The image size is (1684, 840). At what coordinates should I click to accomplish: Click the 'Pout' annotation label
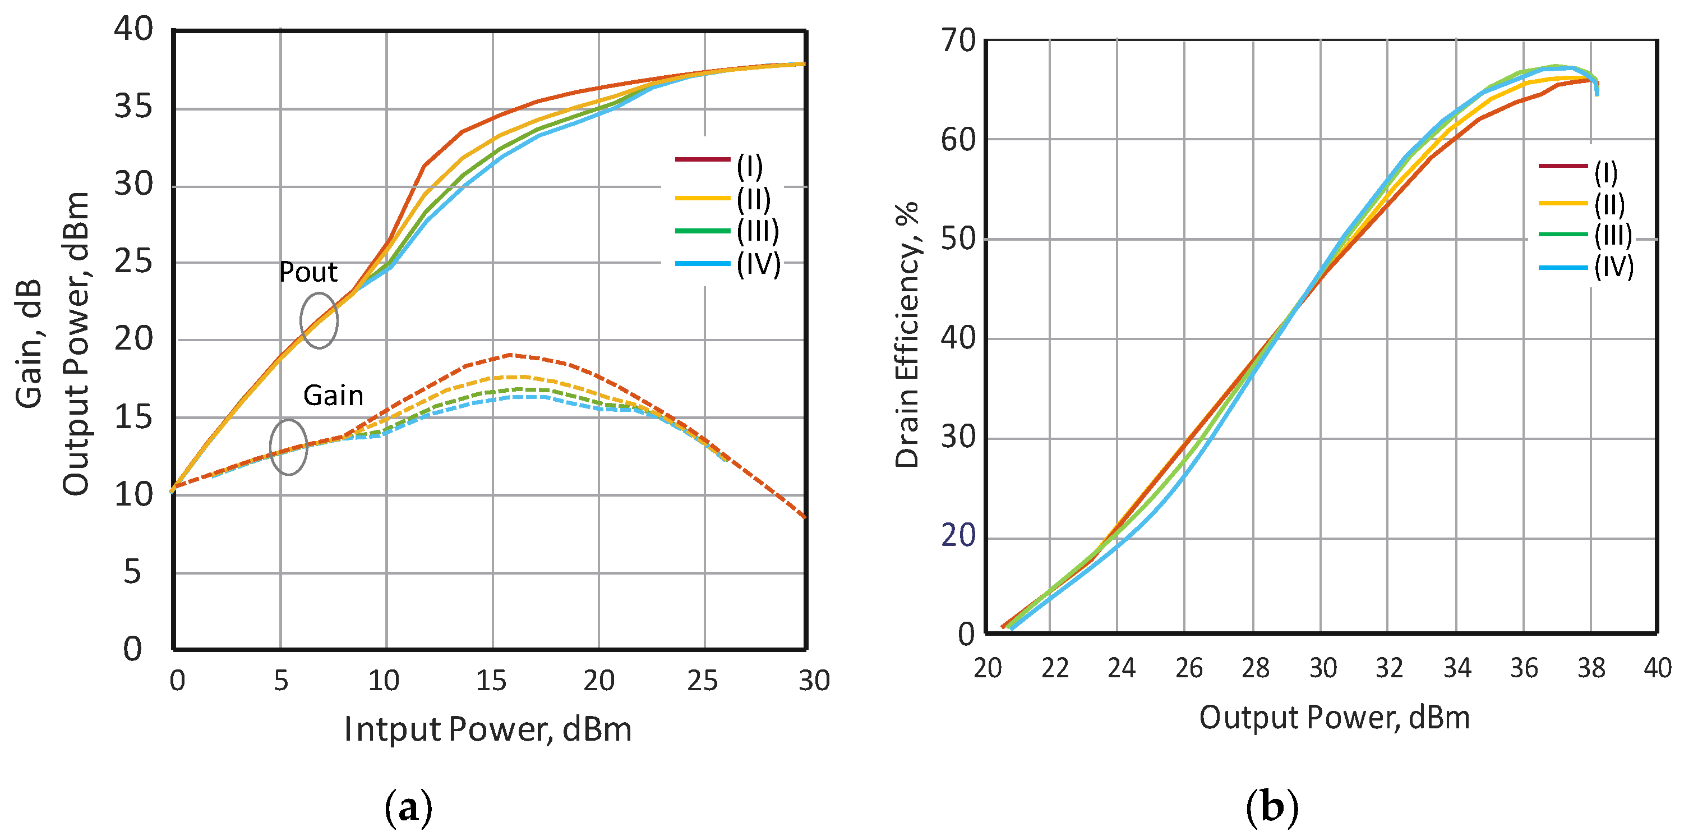tap(308, 272)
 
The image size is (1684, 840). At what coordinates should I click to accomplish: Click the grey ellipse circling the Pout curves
tap(319, 320)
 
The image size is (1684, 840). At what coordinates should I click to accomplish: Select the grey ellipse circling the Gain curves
tap(288, 447)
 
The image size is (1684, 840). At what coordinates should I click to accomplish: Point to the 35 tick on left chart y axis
tap(133, 106)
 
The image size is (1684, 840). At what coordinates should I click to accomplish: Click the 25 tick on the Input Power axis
tap(702, 681)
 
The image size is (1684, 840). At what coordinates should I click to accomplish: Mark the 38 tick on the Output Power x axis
tap(1590, 668)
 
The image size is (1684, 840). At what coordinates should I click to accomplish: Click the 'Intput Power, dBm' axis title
tap(488, 729)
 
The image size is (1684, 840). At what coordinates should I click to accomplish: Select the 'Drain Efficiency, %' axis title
tap(907, 335)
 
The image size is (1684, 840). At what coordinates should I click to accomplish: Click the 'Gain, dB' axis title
tap(29, 343)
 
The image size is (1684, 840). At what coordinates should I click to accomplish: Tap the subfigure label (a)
tap(409, 809)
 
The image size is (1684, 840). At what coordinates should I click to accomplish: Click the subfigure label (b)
tap(1271, 807)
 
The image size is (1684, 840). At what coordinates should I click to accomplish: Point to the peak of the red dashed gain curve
tap(510, 355)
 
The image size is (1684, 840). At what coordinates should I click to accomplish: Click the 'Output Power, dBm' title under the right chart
tap(1334, 718)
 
